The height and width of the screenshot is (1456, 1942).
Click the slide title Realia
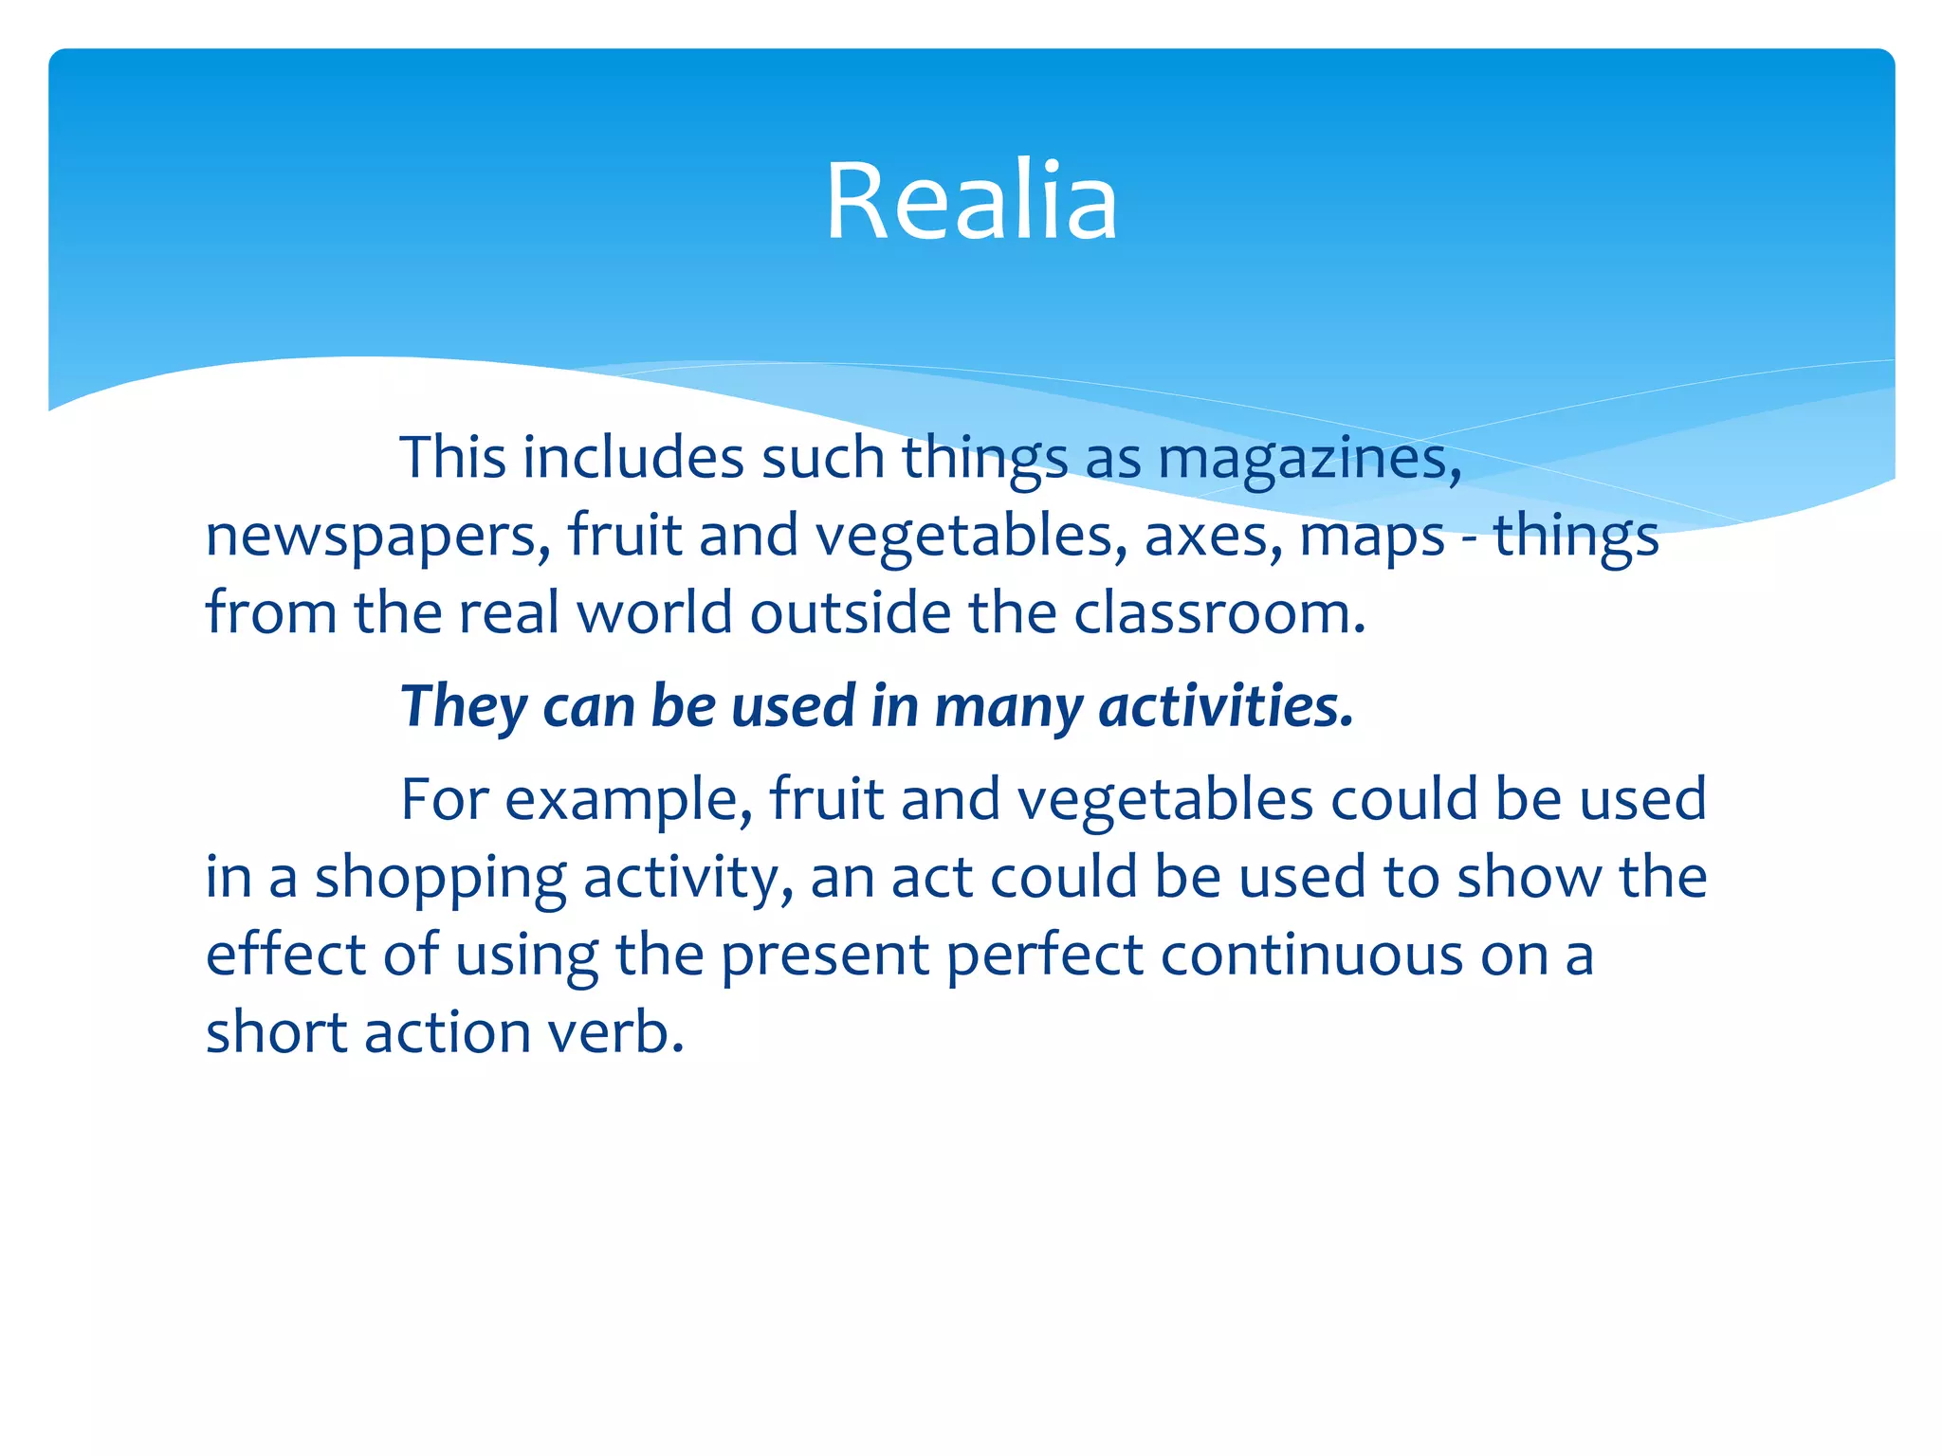[971, 201]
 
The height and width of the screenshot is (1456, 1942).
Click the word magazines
[1309, 459]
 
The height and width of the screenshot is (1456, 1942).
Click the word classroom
[1219, 613]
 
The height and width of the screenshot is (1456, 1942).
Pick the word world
[654, 613]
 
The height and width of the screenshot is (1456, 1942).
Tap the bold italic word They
[463, 707]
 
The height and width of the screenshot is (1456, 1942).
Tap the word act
[931, 878]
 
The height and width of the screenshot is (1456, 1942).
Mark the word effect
[284, 955]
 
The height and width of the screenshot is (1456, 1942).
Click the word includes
[633, 459]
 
